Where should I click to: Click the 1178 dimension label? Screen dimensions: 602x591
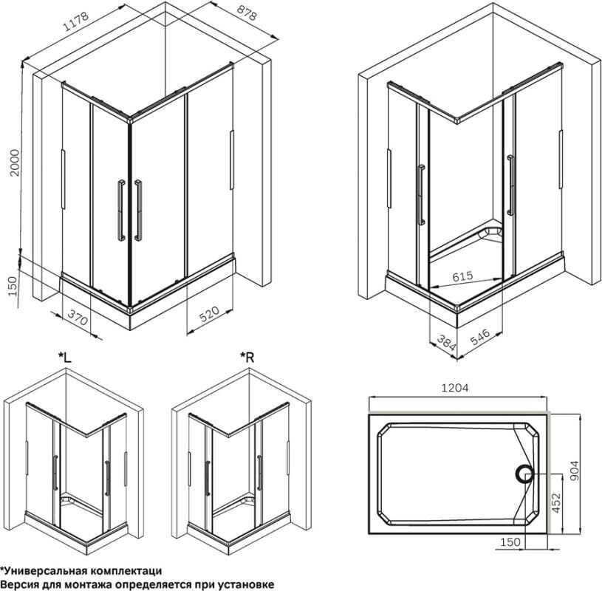click(x=75, y=21)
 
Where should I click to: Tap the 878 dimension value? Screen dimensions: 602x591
click(x=247, y=13)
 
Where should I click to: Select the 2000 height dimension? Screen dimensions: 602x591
click(x=14, y=163)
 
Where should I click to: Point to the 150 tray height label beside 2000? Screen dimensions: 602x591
click(x=13, y=286)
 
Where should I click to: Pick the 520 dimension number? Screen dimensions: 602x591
click(x=209, y=314)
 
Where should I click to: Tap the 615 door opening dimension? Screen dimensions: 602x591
click(x=462, y=276)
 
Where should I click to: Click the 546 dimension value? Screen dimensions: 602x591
click(x=479, y=337)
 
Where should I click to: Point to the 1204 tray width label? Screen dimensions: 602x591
click(x=454, y=389)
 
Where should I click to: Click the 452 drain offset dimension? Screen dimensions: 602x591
click(x=556, y=502)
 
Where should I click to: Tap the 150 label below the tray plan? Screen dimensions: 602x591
click(x=510, y=542)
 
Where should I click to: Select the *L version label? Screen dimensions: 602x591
click(x=65, y=358)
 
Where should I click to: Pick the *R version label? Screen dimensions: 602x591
click(x=247, y=358)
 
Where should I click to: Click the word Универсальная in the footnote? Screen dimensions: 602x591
click(x=44, y=570)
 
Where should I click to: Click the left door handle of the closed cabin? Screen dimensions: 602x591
click(x=121, y=210)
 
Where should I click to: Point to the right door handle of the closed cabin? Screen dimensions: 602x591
click(x=138, y=210)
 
